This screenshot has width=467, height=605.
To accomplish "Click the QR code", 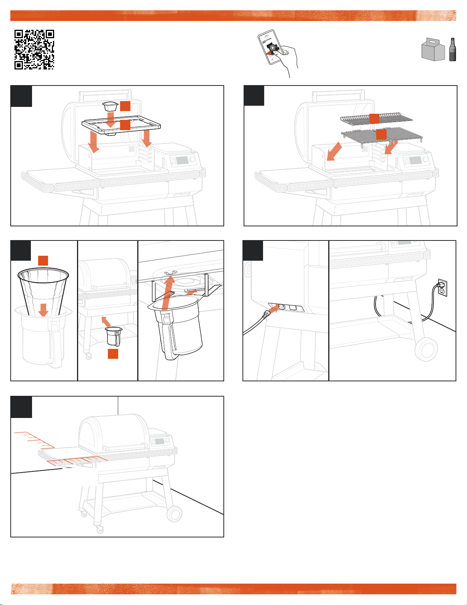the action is click(34, 50).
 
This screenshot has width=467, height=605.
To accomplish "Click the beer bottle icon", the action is click(453, 50).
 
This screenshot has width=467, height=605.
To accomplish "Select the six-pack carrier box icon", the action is click(433, 50).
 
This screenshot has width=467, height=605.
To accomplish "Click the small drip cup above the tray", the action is click(110, 106).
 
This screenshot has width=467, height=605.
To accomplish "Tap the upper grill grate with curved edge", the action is click(376, 119).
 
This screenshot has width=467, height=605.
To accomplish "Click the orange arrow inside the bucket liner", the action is click(43, 310).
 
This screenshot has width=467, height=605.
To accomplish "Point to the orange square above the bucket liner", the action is click(43, 261).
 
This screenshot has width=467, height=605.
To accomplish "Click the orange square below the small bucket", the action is click(113, 354).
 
